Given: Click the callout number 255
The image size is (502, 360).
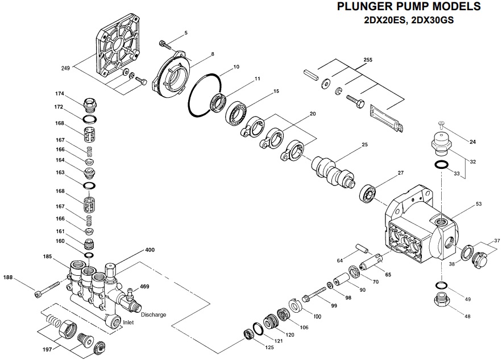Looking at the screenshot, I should (x=368, y=60).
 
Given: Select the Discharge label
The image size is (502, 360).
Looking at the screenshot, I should (x=153, y=315).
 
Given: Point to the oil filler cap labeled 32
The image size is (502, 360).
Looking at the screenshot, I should (x=441, y=142).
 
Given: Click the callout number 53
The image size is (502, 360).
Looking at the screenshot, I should (x=478, y=203).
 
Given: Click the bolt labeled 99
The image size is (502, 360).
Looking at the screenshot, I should (x=312, y=297).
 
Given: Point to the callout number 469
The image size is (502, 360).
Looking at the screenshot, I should (x=144, y=287).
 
